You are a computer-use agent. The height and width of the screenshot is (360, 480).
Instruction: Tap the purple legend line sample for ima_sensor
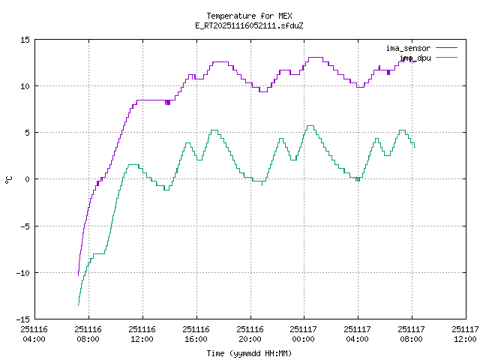pyautogui.click(x=443, y=48)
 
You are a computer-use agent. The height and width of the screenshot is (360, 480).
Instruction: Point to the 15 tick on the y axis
pyautogui.click(x=25, y=40)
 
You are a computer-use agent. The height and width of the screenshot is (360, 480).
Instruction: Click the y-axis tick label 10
pyautogui.click(x=25, y=86)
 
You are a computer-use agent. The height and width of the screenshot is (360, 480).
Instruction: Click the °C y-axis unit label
pyautogui.click(x=9, y=179)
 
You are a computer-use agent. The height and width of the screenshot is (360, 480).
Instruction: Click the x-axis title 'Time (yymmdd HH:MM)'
pyautogui.click(x=249, y=353)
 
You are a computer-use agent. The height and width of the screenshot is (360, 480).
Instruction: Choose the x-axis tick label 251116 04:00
pyautogui.click(x=34, y=333)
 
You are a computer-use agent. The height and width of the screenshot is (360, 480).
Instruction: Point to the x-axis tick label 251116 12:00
pyautogui.click(x=142, y=333)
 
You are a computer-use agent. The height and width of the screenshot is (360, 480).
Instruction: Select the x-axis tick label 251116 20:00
pyautogui.click(x=250, y=333)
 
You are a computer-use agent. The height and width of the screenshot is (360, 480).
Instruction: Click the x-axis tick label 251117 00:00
pyautogui.click(x=303, y=333)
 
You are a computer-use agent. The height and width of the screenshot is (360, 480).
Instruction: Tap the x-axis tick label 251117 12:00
pyautogui.click(x=465, y=333)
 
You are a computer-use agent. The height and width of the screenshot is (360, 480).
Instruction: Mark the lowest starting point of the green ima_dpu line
pyautogui.click(x=78, y=305)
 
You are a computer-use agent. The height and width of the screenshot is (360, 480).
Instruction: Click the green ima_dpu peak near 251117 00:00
pyautogui.click(x=310, y=126)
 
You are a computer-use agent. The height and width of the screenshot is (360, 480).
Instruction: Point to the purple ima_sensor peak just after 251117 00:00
pyautogui.click(x=315, y=57)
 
